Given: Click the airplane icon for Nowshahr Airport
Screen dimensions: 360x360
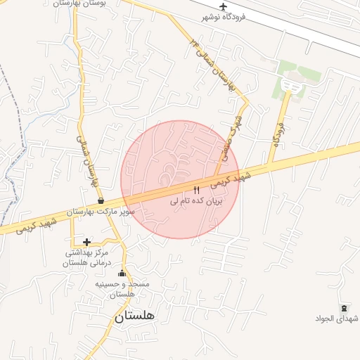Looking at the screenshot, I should pyautogui.click(x=224, y=7).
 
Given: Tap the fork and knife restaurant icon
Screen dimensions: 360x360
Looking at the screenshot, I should pyautogui.click(x=196, y=190).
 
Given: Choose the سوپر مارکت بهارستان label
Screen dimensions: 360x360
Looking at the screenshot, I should pyautogui.click(x=101, y=211).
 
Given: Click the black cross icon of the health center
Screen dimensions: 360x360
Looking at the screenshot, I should pyautogui.click(x=86, y=242).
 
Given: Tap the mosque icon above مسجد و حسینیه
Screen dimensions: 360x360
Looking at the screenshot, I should pyautogui.click(x=122, y=274).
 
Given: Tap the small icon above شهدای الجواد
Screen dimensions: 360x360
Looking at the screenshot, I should pyautogui.click(x=344, y=309).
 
